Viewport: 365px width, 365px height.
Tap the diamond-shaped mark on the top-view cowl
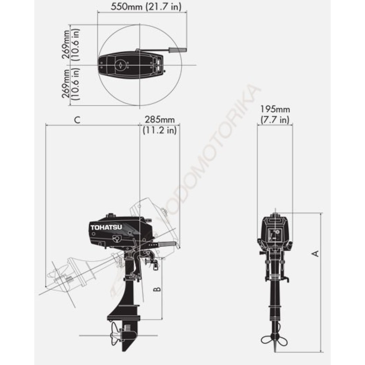pyautogui.click(x=120, y=65)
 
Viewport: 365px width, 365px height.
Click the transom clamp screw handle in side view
pyautogui.click(x=150, y=262)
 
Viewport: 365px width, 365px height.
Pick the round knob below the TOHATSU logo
pyautogui.click(x=116, y=239)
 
